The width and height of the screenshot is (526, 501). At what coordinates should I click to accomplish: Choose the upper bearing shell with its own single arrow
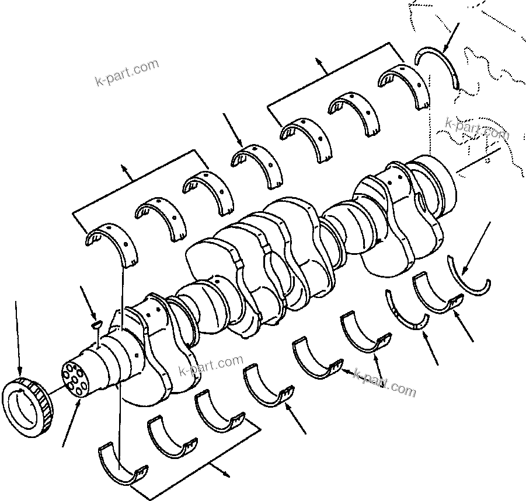tap(255, 164)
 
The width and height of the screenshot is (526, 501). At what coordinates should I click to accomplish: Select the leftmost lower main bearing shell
tap(123, 464)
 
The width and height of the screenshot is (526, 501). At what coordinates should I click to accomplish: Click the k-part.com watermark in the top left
tap(127, 72)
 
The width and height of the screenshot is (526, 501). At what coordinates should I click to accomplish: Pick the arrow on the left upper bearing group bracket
tap(124, 168)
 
